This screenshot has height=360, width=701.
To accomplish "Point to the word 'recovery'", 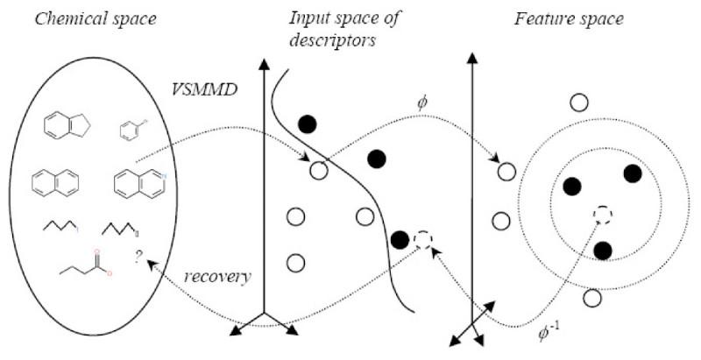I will (x=217, y=276).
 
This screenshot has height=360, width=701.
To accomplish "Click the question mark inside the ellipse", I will (x=138, y=256).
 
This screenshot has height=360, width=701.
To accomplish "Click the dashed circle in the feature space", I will (x=602, y=215).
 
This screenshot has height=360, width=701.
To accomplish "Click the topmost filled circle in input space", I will (x=307, y=124).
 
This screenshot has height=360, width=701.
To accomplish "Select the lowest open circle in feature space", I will (x=592, y=299).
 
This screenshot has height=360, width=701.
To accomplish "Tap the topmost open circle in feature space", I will (x=578, y=102).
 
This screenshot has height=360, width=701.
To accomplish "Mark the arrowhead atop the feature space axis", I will (x=473, y=60).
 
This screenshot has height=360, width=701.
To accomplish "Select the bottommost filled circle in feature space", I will (x=602, y=251).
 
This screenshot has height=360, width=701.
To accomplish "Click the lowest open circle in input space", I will (x=295, y=262).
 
